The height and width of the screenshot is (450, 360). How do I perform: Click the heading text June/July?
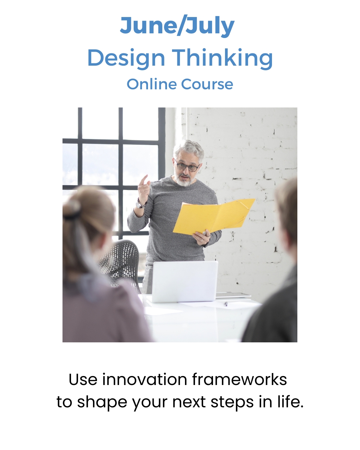pos(177,26)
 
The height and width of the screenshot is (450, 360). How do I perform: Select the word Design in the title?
pos(126,58)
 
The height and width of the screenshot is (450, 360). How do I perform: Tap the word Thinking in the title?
pos(222,58)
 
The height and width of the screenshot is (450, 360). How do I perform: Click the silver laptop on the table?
pos(184,281)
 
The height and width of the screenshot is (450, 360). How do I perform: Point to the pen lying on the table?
pos(226,304)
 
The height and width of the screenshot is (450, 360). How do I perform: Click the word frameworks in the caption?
pos(239,379)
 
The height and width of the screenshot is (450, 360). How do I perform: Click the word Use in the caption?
pos(83,379)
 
